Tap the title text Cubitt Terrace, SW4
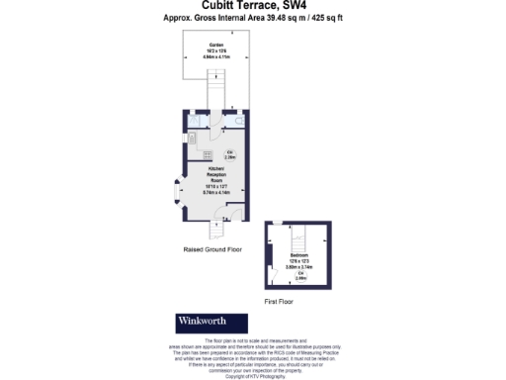tap(252, 7)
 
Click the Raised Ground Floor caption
tap(212, 249)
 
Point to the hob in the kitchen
tap(207, 156)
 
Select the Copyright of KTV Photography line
tap(254, 377)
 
